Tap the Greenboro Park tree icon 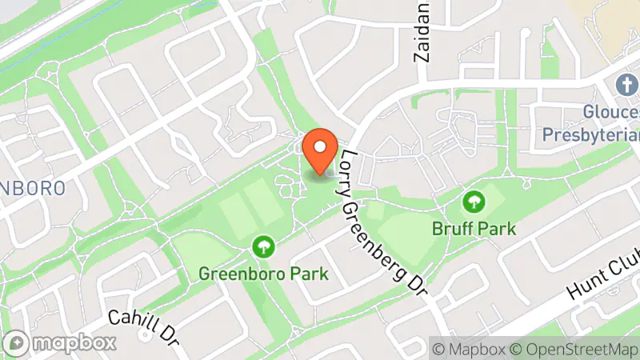tap(263, 246)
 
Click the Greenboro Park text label tap(264, 274)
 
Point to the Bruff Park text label tap(474, 228)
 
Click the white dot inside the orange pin tap(321, 146)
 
